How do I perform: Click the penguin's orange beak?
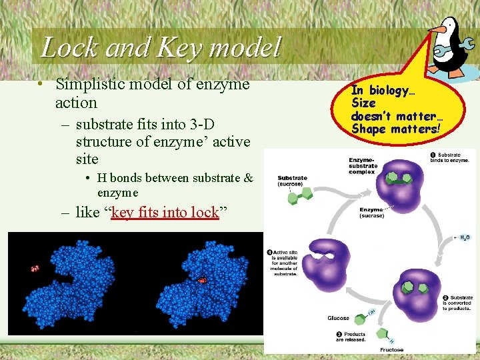[x=435, y=29]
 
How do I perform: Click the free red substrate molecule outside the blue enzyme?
[x=35, y=269]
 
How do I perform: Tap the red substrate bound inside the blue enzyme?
[x=201, y=281]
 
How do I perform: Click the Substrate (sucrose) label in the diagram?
[x=293, y=181]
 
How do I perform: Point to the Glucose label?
[x=338, y=318]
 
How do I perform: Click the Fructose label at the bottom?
[x=392, y=349]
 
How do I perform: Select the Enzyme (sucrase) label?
[x=371, y=213]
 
